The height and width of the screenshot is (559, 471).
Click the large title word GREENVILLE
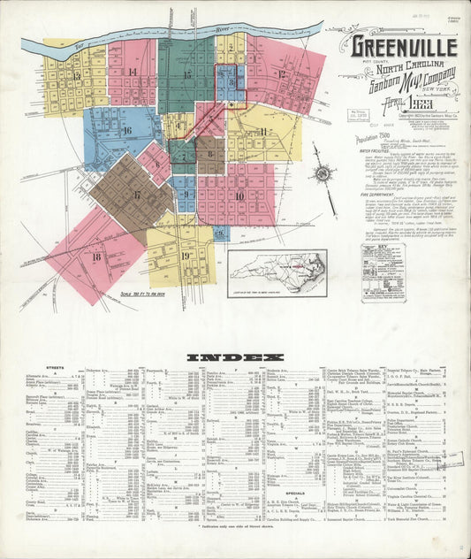404,46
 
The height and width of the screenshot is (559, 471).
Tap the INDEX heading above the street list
235,358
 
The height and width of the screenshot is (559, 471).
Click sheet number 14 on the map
133,73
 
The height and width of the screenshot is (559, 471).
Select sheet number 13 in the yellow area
77,76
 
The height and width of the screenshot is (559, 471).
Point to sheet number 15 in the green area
186,75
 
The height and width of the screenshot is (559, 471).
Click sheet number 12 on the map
282,74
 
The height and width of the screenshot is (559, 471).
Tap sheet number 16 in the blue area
127,131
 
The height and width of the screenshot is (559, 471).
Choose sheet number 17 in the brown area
137,195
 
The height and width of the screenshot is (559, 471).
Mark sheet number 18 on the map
95,257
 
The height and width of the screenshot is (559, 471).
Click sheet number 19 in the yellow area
186,257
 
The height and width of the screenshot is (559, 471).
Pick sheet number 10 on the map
239,195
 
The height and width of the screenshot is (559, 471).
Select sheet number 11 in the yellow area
263,132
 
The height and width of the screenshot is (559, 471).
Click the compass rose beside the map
323,173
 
